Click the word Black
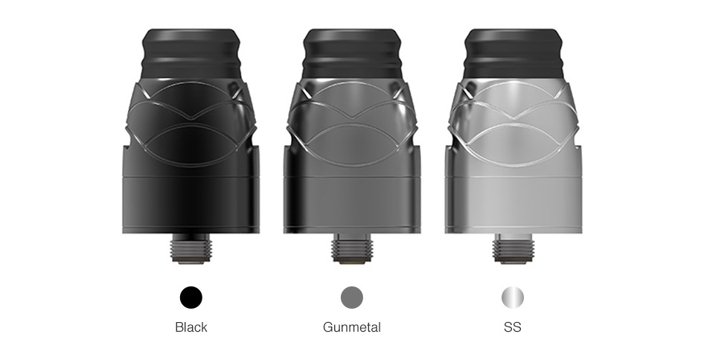tap(191, 327)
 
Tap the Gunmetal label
tap(352, 327)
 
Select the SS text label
tap(513, 327)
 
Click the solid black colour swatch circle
tap(191, 298)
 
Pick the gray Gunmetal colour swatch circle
tap(352, 298)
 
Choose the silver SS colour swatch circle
tap(513, 298)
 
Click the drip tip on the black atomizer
tap(191, 55)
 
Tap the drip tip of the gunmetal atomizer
tap(352, 54)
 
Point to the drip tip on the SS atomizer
tap(513, 54)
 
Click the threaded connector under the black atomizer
tap(191, 248)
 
